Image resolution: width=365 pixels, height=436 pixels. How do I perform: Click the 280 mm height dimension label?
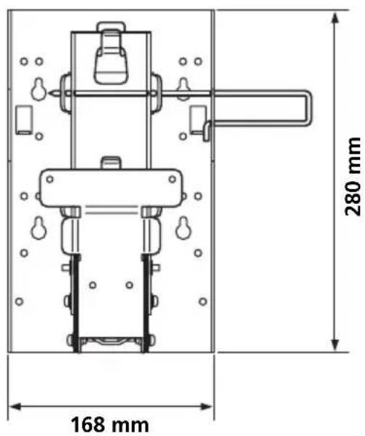353,177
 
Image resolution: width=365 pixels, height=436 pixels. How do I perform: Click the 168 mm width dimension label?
110,424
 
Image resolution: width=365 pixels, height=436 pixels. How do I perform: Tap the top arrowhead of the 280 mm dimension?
335,18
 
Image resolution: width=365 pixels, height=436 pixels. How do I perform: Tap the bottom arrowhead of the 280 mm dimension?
335,344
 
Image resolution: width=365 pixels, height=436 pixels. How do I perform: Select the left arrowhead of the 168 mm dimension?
16,407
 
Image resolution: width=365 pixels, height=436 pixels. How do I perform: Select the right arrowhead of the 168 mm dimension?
206,407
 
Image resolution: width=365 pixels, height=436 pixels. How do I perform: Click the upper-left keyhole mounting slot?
39,90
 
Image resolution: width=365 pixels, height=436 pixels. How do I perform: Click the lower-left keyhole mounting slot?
39,228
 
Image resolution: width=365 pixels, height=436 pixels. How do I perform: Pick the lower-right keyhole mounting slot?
183,228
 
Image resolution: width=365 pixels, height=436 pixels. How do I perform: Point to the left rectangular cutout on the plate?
23,120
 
